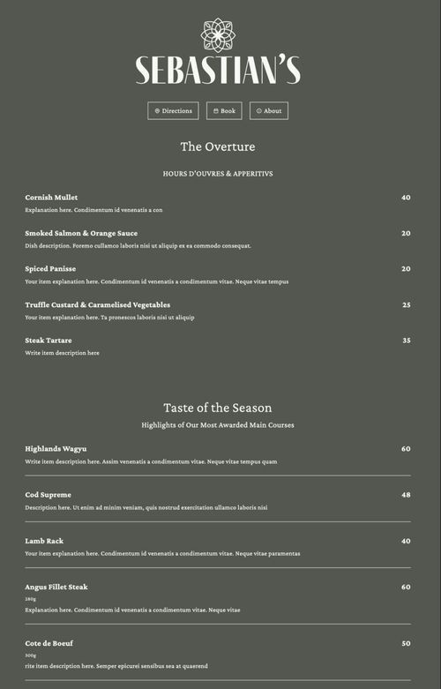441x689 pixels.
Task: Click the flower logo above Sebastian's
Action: point(218,35)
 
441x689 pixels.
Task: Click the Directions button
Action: point(173,111)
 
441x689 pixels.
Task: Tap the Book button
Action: point(224,111)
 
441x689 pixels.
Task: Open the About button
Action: point(269,111)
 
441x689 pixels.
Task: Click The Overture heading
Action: point(218,146)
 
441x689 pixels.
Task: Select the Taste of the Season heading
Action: point(218,408)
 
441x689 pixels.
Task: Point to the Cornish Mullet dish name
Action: point(51,198)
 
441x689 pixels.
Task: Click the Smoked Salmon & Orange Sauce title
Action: point(81,234)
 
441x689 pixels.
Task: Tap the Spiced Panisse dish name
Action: point(50,269)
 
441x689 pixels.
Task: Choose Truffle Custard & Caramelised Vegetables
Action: point(97,305)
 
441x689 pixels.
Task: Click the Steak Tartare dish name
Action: point(49,341)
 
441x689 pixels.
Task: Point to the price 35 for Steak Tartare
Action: point(407,341)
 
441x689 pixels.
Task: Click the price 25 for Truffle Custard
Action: point(407,305)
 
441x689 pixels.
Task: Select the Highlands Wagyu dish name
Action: point(56,449)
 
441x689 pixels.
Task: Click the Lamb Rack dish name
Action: point(44,541)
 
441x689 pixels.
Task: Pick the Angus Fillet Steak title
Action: point(56,587)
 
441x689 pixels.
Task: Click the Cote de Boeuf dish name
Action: point(49,643)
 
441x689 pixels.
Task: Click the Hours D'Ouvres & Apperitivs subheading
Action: point(218,174)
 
